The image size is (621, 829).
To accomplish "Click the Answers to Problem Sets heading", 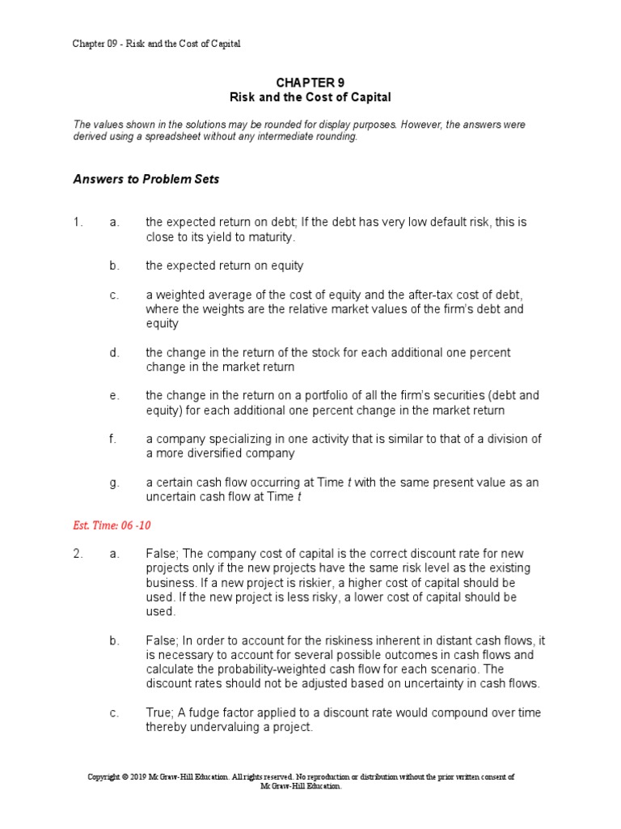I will [x=146, y=180].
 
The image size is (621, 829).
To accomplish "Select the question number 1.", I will [x=78, y=222].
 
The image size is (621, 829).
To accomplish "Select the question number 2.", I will [x=78, y=553].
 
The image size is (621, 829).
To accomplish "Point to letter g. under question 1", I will [x=115, y=483].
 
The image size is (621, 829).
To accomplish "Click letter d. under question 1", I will [x=115, y=353].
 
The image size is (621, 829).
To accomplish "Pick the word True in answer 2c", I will [x=159, y=712].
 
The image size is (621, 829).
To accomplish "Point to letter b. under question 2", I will [x=115, y=640].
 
